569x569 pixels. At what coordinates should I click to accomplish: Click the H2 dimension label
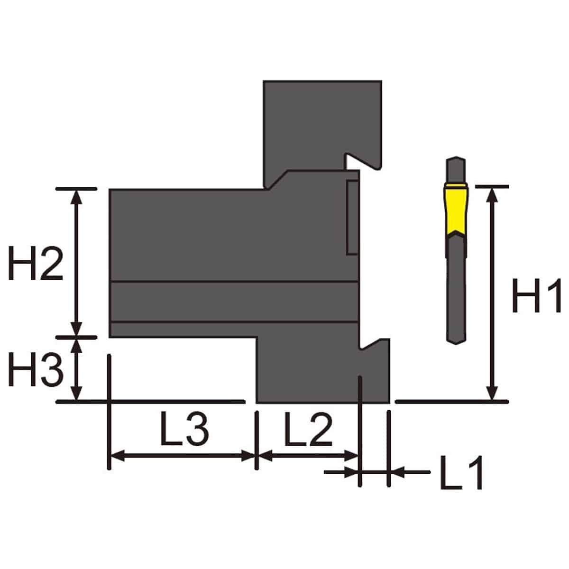coord(36,263)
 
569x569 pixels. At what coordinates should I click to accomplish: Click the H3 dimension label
coord(36,369)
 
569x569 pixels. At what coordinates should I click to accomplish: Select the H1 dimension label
coord(536,295)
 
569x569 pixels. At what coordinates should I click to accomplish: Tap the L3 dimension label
coord(184,429)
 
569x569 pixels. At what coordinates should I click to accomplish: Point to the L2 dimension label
coord(308,429)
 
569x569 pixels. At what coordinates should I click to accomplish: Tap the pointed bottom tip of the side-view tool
coord(457,344)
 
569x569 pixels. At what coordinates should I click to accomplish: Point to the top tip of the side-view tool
coord(456,157)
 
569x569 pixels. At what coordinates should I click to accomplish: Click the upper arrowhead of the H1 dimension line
coord(492,195)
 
